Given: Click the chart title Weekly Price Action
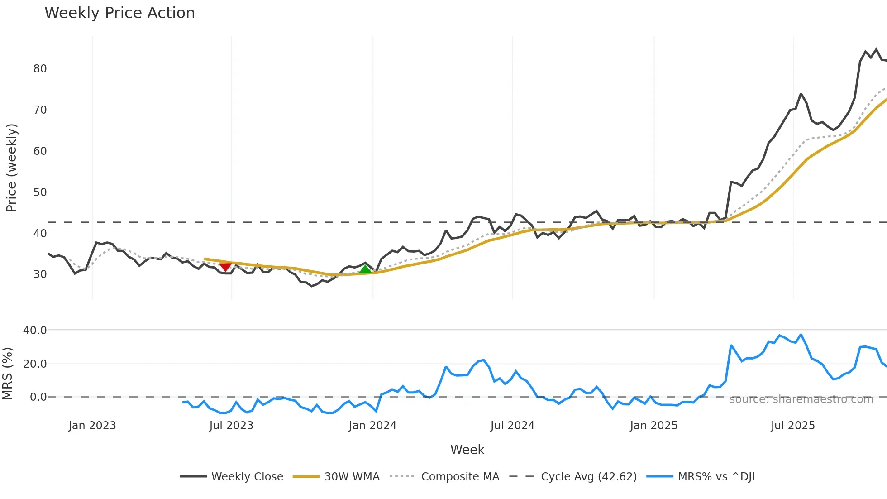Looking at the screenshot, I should click(x=119, y=13).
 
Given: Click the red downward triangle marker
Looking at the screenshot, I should click(x=225, y=267).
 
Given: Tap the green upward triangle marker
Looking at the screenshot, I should click(x=365, y=269).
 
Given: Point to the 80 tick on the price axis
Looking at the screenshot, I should click(x=40, y=69).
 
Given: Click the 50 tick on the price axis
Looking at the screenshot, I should click(x=40, y=192).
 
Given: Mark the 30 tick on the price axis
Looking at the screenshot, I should click(x=40, y=274).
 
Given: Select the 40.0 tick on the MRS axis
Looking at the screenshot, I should click(x=35, y=331).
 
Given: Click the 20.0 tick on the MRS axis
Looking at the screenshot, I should click(x=35, y=364).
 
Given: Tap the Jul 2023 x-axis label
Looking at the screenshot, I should click(x=231, y=426).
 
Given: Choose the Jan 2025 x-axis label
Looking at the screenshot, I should click(x=653, y=426).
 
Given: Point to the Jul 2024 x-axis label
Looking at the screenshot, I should click(x=512, y=426).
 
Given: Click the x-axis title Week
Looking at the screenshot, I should click(x=467, y=450).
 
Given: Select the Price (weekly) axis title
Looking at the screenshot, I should click(x=11, y=168).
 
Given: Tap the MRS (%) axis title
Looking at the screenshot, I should click(x=7, y=374).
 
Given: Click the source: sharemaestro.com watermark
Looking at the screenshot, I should click(x=801, y=399).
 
